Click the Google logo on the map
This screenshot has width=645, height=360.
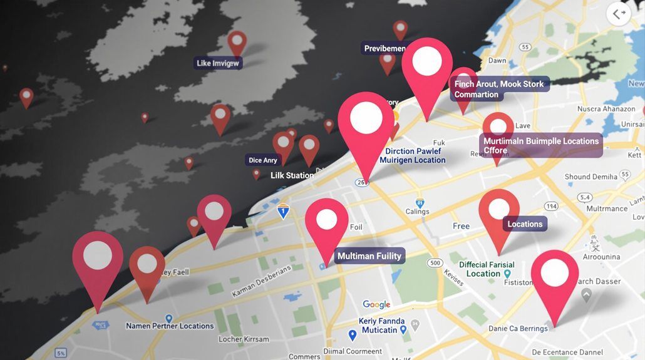[376, 305]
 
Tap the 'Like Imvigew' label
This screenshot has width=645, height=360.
[218, 63]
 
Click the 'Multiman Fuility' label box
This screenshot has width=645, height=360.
[369, 256]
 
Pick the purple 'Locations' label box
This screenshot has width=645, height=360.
[525, 224]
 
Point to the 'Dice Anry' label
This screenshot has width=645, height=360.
[262, 160]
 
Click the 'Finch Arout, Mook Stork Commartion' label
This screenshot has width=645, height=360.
[499, 89]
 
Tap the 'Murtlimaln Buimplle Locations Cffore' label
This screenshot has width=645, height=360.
[541, 145]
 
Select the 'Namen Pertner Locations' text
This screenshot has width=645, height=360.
[170, 326]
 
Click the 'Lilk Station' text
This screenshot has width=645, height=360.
[292, 175]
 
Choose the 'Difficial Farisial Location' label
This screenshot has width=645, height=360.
[487, 269]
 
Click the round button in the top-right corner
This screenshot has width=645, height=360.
[619, 14]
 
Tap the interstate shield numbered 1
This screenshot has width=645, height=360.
[284, 211]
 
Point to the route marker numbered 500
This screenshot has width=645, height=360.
[435, 263]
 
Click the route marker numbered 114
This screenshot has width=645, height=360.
[551, 206]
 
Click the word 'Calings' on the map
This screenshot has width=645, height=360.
[418, 212]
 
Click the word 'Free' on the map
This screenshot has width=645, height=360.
[461, 226]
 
